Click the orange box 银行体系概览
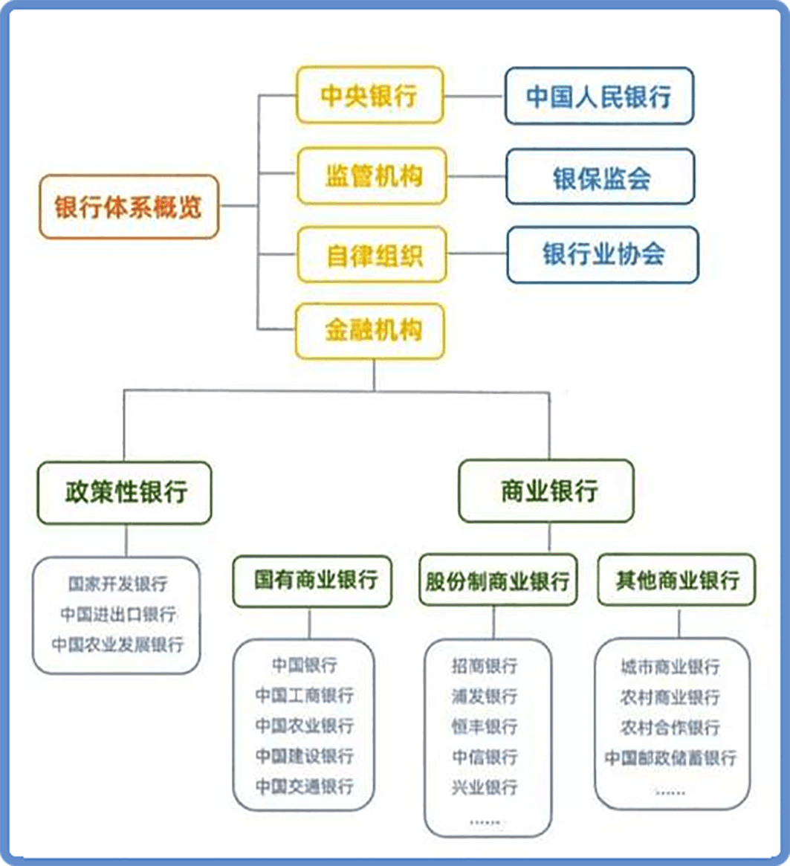(129, 207)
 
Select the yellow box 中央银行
(370, 95)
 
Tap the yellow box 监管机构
(372, 176)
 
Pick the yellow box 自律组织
(372, 255)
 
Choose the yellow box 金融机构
(370, 331)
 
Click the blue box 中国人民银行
(600, 96)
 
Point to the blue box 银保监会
(600, 177)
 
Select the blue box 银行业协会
(603, 255)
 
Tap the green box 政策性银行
(125, 493)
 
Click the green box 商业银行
(546, 491)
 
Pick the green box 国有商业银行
(312, 581)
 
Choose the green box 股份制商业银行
(498, 581)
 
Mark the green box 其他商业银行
(676, 580)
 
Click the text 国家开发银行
(117, 584)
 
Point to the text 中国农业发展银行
(117, 644)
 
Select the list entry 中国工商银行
(304, 695)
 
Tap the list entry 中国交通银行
(304, 786)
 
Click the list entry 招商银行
(485, 666)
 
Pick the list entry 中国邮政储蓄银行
(671, 757)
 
